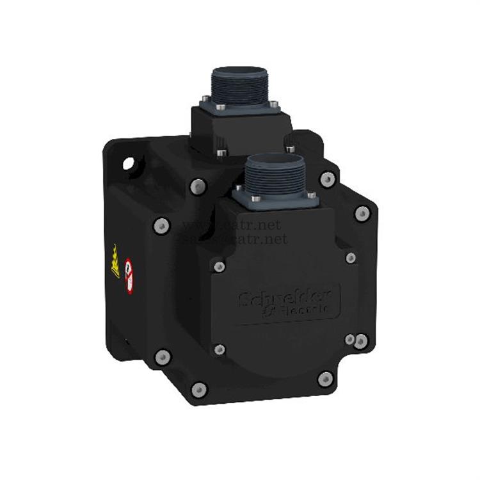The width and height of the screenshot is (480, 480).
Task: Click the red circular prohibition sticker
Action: (129, 275)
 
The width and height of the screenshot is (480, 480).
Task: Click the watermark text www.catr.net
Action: (231, 225)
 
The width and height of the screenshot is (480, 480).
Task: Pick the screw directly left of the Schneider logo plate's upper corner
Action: (219, 266)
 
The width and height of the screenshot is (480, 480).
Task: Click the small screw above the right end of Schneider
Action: (351, 257)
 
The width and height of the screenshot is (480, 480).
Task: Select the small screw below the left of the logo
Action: (220, 349)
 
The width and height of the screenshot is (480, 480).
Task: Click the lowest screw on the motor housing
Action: (199, 389)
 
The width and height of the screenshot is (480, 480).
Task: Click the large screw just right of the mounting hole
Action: (198, 186)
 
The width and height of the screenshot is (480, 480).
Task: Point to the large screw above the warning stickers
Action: (161, 225)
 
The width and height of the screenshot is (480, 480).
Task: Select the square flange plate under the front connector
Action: (275, 198)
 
